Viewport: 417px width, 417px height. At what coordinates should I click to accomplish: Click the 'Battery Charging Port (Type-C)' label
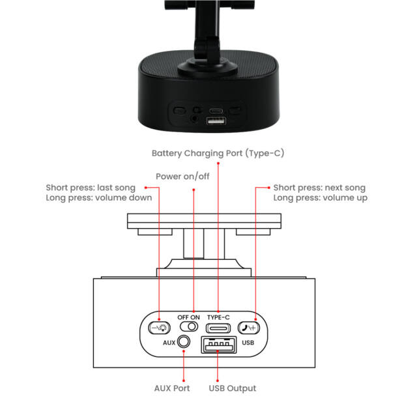[x=218, y=154]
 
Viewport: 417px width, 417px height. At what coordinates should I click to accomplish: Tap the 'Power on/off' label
[x=182, y=177]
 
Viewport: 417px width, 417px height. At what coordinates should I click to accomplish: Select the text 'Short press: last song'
[x=91, y=188]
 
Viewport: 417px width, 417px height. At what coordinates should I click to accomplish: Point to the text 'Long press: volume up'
[x=320, y=198]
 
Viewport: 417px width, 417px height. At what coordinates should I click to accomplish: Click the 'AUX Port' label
[x=172, y=388]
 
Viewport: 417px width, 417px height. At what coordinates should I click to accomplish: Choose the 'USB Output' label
[x=233, y=388]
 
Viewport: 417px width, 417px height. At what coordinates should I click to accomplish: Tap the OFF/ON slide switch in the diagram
[x=189, y=326]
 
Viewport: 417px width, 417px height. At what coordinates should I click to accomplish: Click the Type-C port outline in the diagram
[x=218, y=328]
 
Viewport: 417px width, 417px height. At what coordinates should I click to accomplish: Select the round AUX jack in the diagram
[x=184, y=341]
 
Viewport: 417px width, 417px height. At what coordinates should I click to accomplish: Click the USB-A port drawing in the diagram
[x=219, y=345]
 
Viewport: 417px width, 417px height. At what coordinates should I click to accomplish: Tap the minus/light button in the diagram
[x=159, y=328]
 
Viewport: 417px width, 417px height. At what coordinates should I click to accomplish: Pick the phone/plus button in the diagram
[x=249, y=328]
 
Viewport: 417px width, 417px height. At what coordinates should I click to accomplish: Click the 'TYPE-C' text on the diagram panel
[x=218, y=317]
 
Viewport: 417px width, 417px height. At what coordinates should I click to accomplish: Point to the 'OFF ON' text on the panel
[x=188, y=317]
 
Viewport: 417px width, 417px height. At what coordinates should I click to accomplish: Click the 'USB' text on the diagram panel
[x=248, y=343]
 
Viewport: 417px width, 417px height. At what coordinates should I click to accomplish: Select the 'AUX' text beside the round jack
[x=169, y=343]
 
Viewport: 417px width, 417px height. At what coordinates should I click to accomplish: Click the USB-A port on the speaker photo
[x=216, y=121]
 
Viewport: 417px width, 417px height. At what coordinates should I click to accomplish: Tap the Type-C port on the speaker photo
[x=216, y=111]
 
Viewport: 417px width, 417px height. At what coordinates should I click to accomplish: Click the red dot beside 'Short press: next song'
[x=269, y=188]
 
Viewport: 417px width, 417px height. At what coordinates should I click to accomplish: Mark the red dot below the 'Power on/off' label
[x=194, y=190]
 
